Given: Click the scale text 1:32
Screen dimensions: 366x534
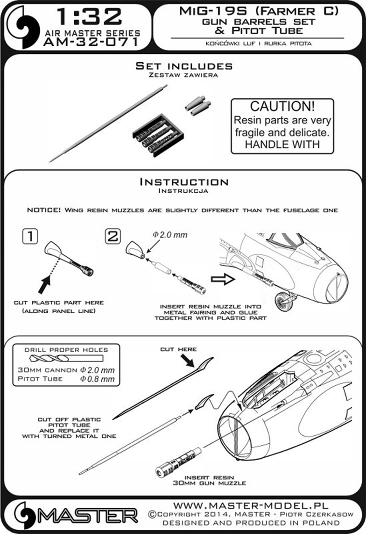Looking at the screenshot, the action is point(89,16).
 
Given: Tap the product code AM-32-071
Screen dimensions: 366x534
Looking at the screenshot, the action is point(91,42).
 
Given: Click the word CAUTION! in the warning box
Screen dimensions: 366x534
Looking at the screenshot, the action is point(282,106).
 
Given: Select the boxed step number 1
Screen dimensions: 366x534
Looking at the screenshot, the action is point(30,236).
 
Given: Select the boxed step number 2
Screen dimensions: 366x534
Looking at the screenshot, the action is point(113,236).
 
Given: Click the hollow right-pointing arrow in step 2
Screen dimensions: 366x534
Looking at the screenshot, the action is point(223,279).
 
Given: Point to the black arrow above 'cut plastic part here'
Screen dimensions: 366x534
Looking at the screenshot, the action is point(44,284).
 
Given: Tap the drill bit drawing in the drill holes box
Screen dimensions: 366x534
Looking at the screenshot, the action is point(66,358).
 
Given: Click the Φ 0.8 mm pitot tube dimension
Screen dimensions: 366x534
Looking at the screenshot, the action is point(97,379).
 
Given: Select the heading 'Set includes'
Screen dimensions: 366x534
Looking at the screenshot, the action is point(184,66).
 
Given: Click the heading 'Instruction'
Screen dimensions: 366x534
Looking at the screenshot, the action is point(184,182).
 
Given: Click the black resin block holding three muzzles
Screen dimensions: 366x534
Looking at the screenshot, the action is point(155,135).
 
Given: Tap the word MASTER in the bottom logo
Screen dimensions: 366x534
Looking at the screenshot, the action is point(87,516).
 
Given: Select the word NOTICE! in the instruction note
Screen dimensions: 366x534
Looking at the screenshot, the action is point(44,210).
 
